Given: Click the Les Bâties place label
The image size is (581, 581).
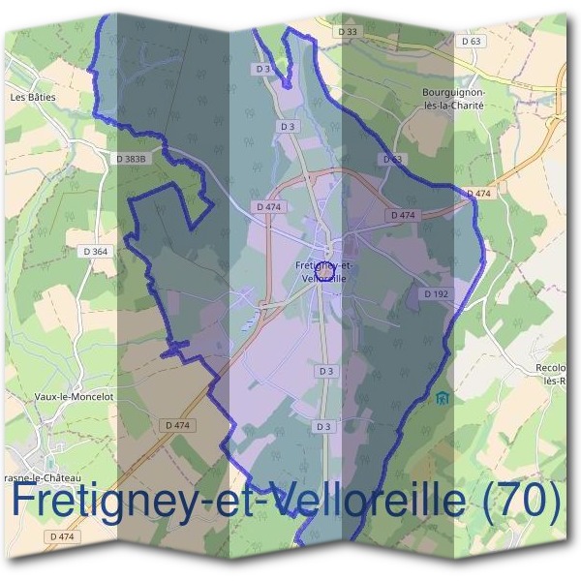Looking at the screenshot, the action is (33, 97).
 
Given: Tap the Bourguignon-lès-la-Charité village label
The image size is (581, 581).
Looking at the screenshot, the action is (453, 100).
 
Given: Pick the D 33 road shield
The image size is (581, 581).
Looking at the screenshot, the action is (349, 32).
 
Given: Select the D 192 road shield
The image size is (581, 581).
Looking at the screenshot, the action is (435, 292).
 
